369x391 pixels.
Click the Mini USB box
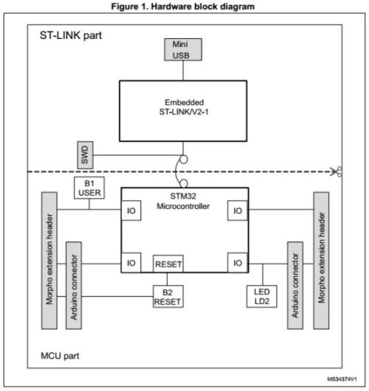click(x=183, y=49)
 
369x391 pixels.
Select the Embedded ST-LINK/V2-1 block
click(x=183, y=111)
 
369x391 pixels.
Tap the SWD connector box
click(x=86, y=155)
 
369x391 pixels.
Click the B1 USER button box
click(x=89, y=188)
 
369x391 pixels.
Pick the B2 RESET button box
click(x=168, y=296)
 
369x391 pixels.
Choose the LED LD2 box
click(x=262, y=296)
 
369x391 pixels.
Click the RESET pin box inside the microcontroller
click(x=168, y=264)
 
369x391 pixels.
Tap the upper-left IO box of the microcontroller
click(x=131, y=211)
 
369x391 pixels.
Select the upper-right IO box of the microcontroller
click(x=238, y=211)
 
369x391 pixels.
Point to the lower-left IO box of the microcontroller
click(x=131, y=263)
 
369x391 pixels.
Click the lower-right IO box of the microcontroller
click(x=238, y=263)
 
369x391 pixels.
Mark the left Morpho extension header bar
click(x=49, y=261)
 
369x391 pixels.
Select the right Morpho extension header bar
click(x=321, y=261)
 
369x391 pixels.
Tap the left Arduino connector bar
click(x=74, y=285)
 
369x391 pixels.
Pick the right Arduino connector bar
click(x=295, y=285)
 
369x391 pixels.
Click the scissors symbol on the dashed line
click(x=336, y=172)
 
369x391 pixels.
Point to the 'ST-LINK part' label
click(x=71, y=35)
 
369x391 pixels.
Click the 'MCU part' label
click(x=60, y=356)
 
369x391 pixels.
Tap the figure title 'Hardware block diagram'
click(x=203, y=6)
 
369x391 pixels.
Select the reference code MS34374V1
click(x=342, y=379)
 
